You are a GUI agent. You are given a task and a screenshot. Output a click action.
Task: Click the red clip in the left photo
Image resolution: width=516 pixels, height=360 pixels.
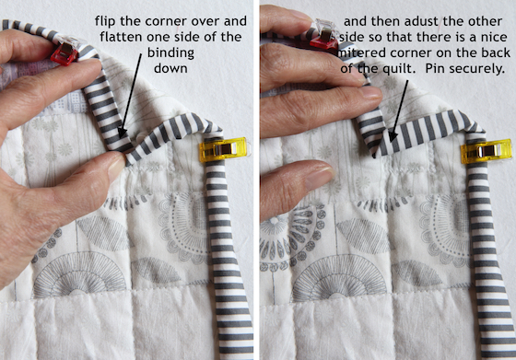click(x=64, y=53)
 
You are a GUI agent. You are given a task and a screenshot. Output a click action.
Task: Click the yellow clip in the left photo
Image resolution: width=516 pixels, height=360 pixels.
click(x=225, y=149)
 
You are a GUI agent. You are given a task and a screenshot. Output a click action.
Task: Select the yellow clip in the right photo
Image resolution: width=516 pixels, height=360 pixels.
click(x=487, y=151)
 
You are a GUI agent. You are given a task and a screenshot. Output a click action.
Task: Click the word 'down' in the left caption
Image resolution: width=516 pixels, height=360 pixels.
click(x=170, y=68)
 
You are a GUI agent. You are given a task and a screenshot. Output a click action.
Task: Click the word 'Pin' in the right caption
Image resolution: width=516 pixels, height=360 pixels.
click(x=436, y=69)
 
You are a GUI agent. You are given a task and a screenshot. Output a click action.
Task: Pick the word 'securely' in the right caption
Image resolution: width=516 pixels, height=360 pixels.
click(x=477, y=69)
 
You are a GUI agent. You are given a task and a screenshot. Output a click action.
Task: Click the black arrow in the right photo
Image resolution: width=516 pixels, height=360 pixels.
click(x=398, y=111)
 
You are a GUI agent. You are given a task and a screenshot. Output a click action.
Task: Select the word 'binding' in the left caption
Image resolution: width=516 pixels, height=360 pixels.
click(x=170, y=53)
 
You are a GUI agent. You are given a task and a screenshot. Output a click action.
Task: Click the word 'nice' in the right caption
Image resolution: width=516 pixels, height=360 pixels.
click(x=494, y=37)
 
